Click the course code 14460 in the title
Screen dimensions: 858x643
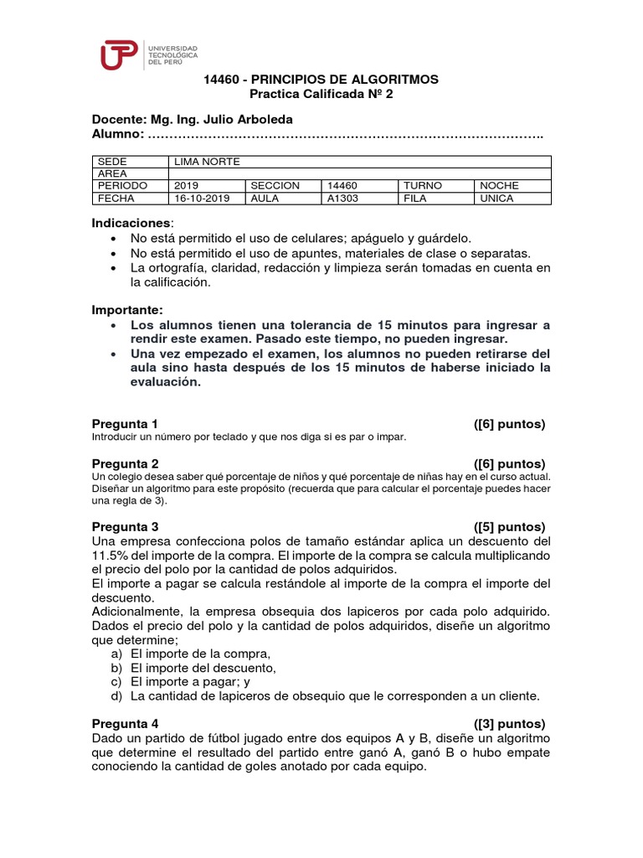pos(224,80)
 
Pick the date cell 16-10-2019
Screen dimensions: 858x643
pos(202,199)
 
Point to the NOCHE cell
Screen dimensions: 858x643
pos(499,186)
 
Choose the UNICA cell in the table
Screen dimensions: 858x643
pos(496,199)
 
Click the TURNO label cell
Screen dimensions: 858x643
pos(423,186)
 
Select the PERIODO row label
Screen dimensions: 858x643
pos(123,186)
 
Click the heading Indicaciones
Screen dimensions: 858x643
pos(131,223)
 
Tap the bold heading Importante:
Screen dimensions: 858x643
pos(128,309)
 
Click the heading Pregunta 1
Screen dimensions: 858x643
pos(125,424)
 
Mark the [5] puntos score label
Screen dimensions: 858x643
pos(509,527)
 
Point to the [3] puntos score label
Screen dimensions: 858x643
pos(509,723)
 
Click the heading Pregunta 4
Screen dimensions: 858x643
pos(125,723)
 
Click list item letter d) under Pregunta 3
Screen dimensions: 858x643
pos(116,695)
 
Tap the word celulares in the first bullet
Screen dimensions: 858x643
pos(317,238)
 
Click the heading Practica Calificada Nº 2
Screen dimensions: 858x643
pos(321,95)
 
